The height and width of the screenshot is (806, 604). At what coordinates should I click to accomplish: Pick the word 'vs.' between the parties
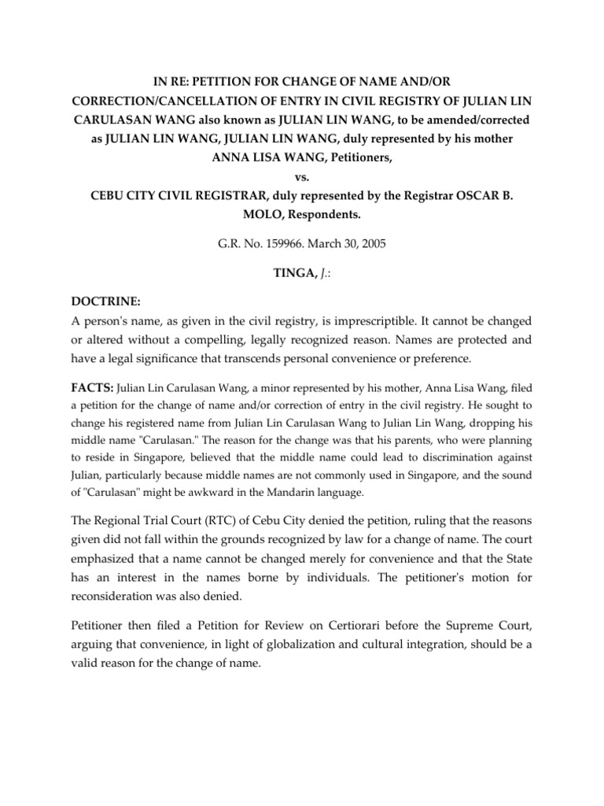[302, 178]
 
